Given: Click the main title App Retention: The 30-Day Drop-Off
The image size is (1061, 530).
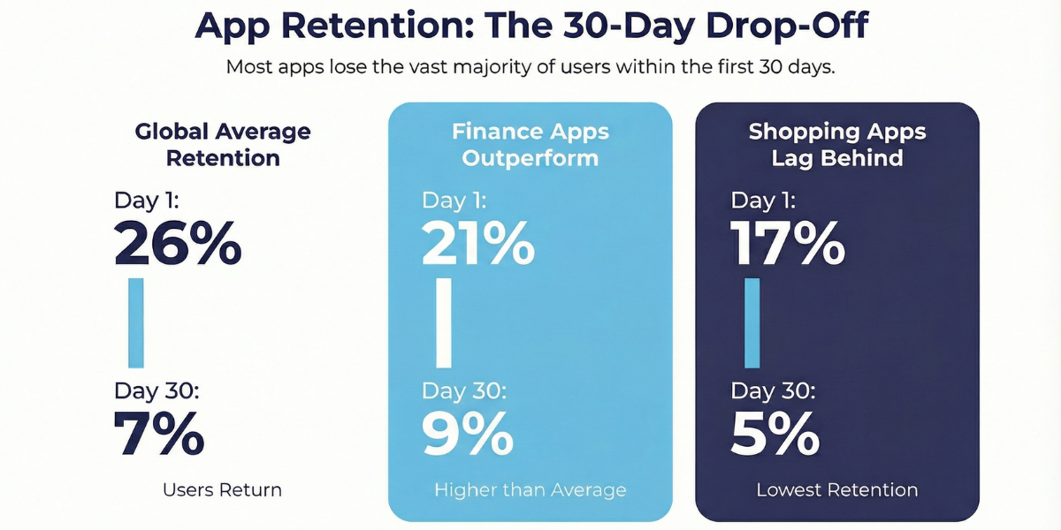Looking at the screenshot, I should coord(530,26).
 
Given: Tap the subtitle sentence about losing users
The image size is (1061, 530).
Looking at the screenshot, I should coord(530,67).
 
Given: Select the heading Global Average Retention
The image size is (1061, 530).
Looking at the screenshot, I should coord(223,145).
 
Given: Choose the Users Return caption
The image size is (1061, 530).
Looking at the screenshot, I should coord(222,489).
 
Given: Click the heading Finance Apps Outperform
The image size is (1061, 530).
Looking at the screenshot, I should coord(530,145).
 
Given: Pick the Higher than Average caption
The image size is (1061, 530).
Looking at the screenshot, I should coord(530,489).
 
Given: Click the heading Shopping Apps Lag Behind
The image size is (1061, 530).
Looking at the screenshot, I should coord(837,145).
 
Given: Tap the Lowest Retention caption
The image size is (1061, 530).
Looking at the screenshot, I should coord(837,489).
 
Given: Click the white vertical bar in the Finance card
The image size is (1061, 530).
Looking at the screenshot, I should coord(444,322).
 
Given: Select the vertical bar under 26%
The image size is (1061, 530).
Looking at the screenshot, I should coord(135,322).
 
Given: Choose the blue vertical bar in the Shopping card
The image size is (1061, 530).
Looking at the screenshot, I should coord(752,322).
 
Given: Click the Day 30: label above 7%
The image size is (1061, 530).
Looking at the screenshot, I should coord(156,390).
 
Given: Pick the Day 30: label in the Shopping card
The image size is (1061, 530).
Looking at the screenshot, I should coord(774,390).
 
